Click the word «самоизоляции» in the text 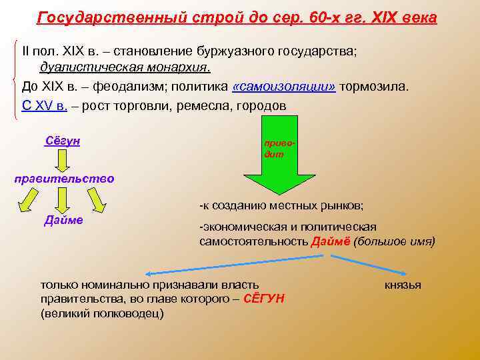coord(284,87)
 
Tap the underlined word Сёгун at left coord(62,141)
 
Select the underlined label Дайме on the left coord(63,220)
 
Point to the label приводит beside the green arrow coord(276,148)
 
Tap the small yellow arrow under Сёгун coord(62,160)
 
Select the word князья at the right coord(403,285)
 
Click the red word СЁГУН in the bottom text coord(265,299)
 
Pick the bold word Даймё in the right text coord(328,241)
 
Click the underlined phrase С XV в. coord(45,106)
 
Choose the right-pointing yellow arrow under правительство coord(95,199)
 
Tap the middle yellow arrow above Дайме coord(63,199)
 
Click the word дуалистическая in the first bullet coord(82,68)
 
